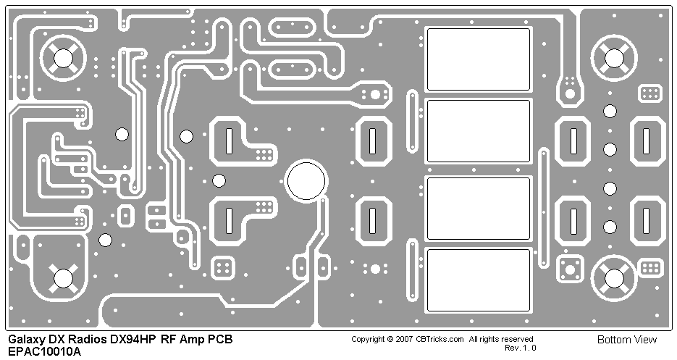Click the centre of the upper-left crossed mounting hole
63,57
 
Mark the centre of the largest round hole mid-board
306,181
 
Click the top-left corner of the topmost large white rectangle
427,29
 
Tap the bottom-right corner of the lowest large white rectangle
530,311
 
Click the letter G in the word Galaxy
12,339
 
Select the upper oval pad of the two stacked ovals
292,28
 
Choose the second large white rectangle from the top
479,131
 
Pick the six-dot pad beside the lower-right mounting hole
650,268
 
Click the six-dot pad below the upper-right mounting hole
649,93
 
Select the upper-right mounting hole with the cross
613,57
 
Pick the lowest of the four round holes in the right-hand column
610,227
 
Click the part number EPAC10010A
44,351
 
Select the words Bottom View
627,340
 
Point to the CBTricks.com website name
440,339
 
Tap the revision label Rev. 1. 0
520,348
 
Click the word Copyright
368,340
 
